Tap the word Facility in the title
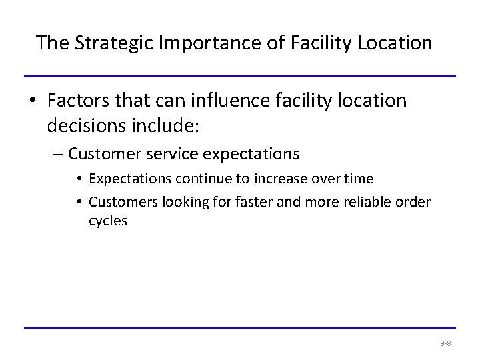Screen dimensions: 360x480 [x=319, y=44]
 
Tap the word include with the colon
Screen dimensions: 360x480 [x=168, y=125]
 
